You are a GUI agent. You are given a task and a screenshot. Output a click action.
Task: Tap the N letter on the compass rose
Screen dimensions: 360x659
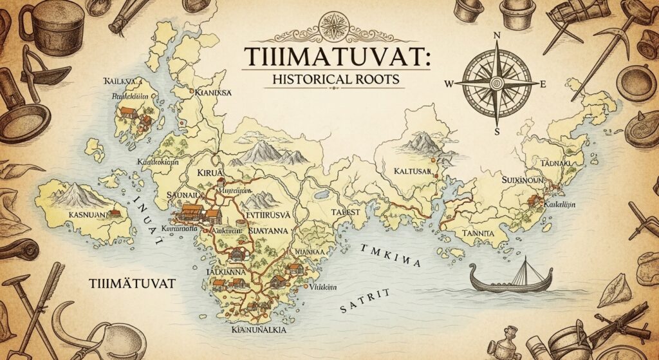(496, 36)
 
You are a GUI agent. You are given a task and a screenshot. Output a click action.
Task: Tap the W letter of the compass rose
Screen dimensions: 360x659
(449, 83)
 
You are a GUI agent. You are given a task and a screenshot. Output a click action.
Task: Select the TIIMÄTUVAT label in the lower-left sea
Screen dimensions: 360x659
(134, 283)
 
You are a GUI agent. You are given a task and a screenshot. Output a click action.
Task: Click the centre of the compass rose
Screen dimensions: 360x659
(496, 83)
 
